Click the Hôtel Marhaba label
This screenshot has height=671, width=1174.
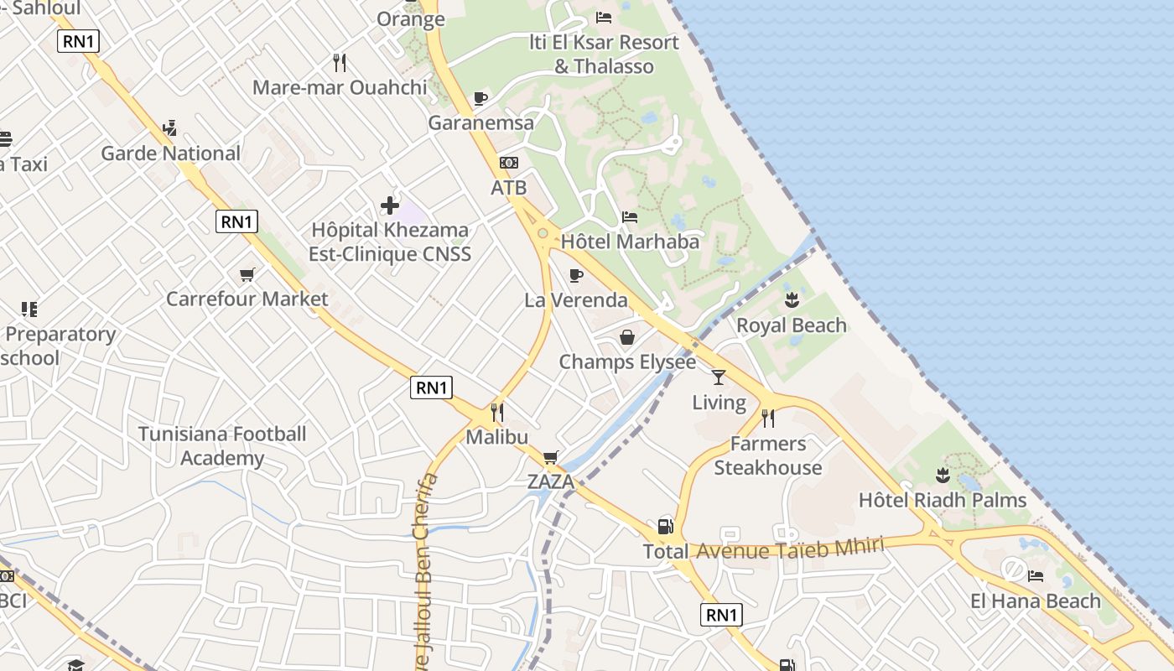[630, 242]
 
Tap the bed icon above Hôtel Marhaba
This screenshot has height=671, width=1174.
[630, 217]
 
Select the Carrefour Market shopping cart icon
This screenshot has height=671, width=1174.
[247, 274]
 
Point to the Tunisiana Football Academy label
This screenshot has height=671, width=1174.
[222, 446]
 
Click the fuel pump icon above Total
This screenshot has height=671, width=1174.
[665, 527]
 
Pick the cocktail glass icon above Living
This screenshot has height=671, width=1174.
[718, 377]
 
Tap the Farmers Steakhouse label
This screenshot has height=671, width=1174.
[767, 455]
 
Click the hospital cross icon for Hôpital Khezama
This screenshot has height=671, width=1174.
[389, 205]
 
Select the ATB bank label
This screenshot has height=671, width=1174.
[508, 188]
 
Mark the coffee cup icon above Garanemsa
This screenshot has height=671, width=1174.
[481, 99]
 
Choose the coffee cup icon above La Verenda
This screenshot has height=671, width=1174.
[576, 275]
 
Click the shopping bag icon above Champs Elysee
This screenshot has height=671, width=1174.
[626, 337]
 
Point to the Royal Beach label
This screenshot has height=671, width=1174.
[791, 325]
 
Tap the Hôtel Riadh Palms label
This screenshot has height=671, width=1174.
[943, 501]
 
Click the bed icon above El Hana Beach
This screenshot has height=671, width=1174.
[1036, 576]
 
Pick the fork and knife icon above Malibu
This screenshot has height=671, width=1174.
[497, 412]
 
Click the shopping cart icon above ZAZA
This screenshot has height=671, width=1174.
[550, 457]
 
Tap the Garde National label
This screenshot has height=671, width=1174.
[170, 153]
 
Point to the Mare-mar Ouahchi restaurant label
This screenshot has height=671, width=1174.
[340, 87]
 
